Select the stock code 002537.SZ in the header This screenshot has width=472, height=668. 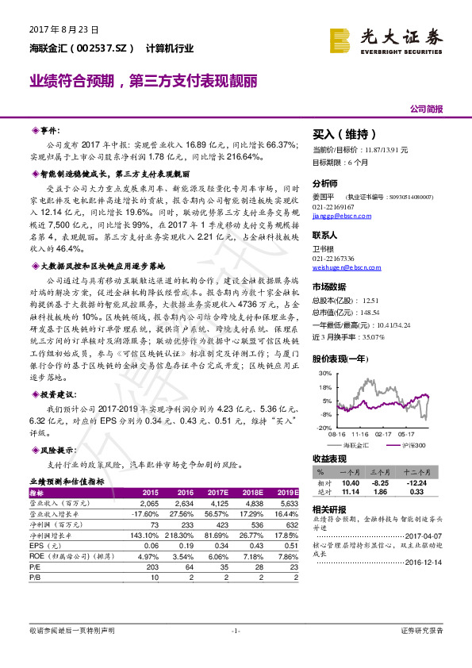coord(98,48)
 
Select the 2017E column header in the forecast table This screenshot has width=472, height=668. coord(217,492)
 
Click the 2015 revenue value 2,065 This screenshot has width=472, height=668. coord(150,503)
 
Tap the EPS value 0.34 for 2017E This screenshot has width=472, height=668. coord(217,547)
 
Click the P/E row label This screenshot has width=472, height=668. coord(36,569)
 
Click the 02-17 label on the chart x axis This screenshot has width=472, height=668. coord(384,434)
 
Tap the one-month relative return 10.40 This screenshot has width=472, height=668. coord(350,482)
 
